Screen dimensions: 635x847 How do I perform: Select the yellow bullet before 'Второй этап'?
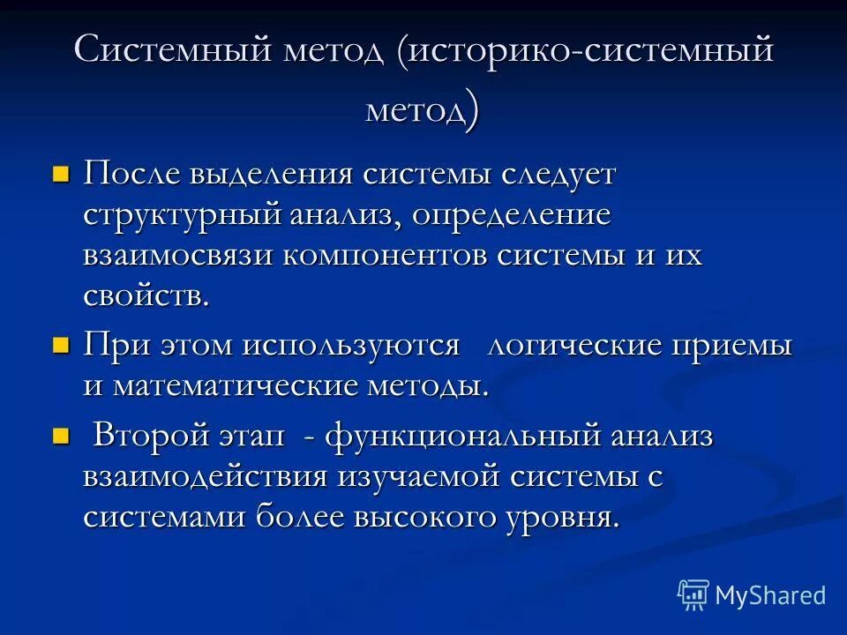click(60, 435)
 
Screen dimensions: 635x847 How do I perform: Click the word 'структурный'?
click(184, 215)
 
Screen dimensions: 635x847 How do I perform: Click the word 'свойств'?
click(146, 295)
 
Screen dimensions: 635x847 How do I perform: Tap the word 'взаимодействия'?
click(206, 477)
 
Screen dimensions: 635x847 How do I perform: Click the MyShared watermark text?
click(770, 595)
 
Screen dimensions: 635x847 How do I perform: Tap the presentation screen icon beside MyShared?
click(693, 595)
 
